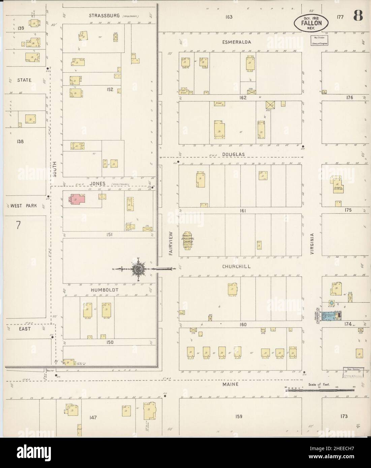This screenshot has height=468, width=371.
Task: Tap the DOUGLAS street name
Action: (233, 154)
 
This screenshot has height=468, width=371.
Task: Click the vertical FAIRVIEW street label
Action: (171, 243)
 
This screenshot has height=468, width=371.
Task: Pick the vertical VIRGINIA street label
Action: (312, 243)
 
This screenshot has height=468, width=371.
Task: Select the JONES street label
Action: (98, 183)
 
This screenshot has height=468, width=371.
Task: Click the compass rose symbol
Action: (138, 269)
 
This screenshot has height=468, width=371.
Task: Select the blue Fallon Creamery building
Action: (330, 316)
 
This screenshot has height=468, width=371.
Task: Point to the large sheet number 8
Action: (358, 16)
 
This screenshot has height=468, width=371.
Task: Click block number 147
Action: (93, 417)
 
